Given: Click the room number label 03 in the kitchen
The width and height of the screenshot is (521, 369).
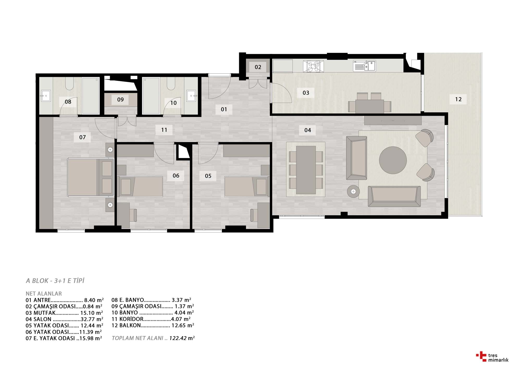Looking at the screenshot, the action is pos(306,93).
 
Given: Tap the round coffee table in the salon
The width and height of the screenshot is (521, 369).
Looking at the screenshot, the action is pos(393,160).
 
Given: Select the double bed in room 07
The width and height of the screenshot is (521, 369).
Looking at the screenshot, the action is pos(91,177).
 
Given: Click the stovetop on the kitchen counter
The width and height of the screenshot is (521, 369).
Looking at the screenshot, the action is pos(313,66).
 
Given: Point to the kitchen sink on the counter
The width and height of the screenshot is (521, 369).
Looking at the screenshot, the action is pos(364,66).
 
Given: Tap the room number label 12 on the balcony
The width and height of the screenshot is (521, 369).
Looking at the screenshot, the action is pos(458,99).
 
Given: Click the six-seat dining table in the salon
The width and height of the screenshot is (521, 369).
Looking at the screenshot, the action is pos(306,170).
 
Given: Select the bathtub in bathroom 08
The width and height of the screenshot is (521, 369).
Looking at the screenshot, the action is pos(91,96).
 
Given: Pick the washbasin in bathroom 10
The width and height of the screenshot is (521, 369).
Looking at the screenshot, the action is pos(191,96).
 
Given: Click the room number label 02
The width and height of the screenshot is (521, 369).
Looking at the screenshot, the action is pos(258,67).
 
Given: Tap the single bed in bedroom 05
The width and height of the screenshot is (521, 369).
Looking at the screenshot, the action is pos(246,186).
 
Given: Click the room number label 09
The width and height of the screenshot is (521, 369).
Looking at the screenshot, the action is pos(120,100).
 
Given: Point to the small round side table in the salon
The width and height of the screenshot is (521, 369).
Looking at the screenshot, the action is pos(353,192).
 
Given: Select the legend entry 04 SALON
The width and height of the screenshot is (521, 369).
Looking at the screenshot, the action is pos(64,319).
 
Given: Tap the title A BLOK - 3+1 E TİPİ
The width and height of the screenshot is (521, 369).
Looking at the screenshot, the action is pos(55,281).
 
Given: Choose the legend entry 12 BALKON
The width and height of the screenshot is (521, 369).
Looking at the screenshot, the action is pos(153,325).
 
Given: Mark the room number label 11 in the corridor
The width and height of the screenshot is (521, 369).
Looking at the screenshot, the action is pos(164,130).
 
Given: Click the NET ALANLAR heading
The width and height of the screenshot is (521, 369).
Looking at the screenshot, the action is pos(44,294).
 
